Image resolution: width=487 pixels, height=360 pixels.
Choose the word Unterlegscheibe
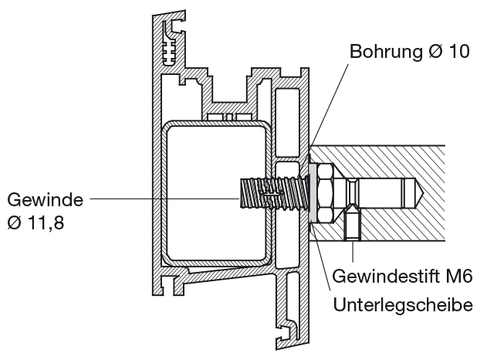tap(403, 304)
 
